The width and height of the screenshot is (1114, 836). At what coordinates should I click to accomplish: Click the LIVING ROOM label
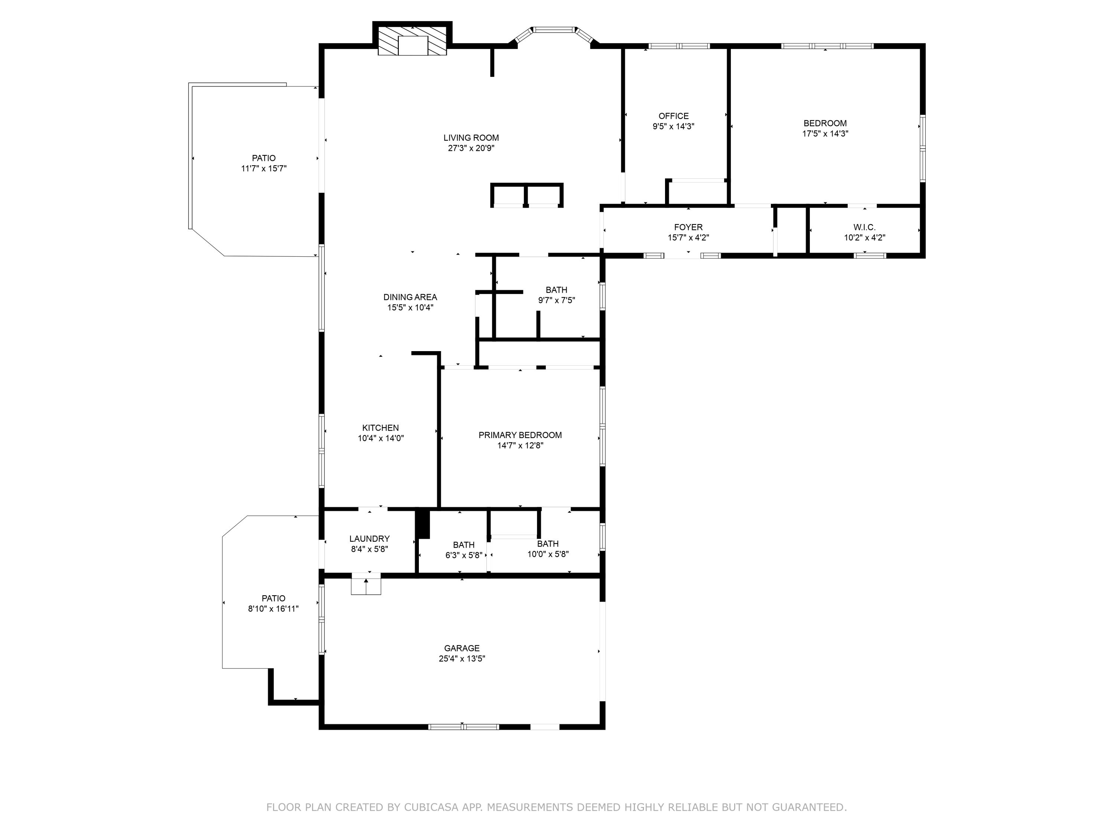tap(471, 137)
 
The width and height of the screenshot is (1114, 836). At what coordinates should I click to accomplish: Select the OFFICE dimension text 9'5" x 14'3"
tap(673, 126)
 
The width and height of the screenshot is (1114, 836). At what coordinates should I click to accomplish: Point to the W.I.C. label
tap(864, 227)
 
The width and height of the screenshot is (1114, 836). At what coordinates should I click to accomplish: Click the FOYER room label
tap(688, 227)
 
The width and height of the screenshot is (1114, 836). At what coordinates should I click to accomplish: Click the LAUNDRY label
tap(369, 539)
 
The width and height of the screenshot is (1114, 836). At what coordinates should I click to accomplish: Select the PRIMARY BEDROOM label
tap(520, 435)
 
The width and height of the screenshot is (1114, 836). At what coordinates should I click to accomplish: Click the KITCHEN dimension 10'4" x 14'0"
tap(380, 438)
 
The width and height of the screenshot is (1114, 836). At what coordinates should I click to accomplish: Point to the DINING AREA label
tap(410, 297)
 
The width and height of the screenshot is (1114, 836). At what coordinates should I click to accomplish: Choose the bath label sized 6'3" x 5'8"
tap(463, 545)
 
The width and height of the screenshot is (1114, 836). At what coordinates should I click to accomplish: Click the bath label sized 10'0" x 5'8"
tap(547, 544)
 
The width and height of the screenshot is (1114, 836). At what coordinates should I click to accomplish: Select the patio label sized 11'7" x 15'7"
tap(263, 158)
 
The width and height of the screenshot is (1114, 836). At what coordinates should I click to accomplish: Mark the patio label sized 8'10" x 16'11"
tap(273, 598)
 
